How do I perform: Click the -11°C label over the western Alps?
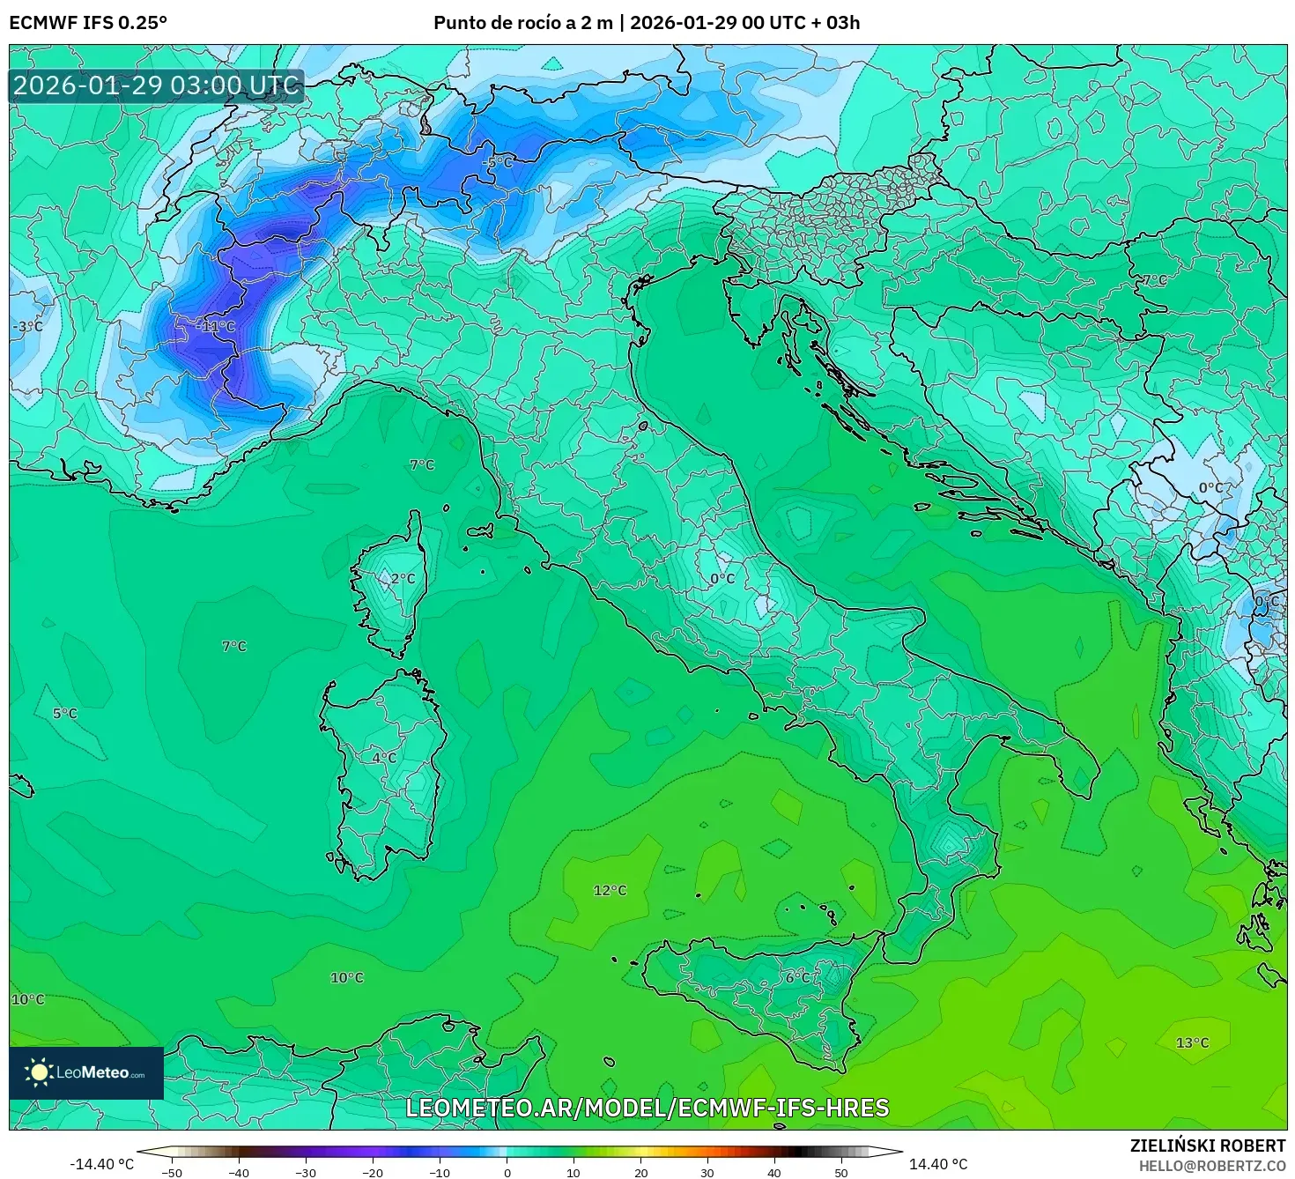[216, 327]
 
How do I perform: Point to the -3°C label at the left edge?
[27, 327]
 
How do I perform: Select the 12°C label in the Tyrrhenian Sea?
[610, 891]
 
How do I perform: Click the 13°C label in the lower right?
[1192, 1043]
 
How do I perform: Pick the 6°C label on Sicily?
[798, 977]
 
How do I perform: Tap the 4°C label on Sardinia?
[384, 758]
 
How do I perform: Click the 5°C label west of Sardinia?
[64, 714]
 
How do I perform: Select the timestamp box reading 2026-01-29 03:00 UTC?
[156, 85]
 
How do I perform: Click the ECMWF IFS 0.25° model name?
[87, 23]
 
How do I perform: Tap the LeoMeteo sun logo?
[40, 1072]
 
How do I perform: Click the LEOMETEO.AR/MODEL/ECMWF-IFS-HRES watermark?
[647, 1109]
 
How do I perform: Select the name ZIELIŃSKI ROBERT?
[1207, 1146]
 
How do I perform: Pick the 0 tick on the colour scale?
[507, 1172]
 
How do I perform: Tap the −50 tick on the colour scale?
[172, 1172]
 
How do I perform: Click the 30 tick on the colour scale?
[707, 1172]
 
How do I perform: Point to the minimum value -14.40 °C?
[102, 1164]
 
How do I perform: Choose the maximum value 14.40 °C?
[937, 1164]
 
